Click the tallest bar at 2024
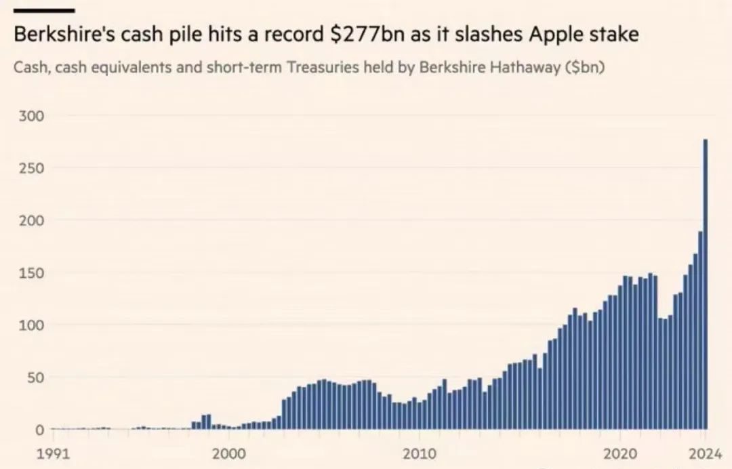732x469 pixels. tap(706, 284)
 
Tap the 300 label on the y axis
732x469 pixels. tap(32, 116)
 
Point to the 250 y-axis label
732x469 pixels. tap(32, 168)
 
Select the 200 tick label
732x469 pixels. tap(32, 220)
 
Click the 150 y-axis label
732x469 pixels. tap(32, 272)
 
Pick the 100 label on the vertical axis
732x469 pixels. tap(32, 325)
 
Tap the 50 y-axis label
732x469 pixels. tap(35, 377)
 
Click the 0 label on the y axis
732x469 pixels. tap(40, 429)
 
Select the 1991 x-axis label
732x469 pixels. tap(54, 453)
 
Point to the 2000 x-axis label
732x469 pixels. tap(229, 453)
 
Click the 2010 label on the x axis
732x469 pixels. tap(420, 453)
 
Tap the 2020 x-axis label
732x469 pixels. tap(620, 453)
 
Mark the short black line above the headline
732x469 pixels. tap(44, 9)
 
